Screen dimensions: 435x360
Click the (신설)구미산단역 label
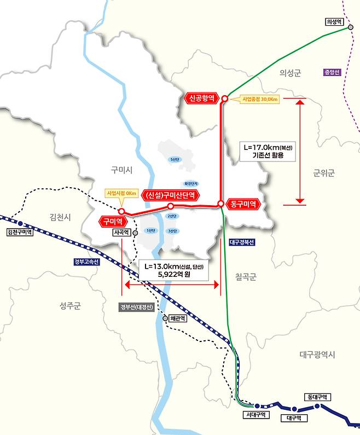pyautogui.click(x=169, y=195)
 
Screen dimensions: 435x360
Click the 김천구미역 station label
pyautogui.click(x=20, y=232)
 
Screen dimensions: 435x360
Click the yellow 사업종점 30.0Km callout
pyautogui.click(x=260, y=100)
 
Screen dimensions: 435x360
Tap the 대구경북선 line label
pyautogui.click(x=240, y=241)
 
